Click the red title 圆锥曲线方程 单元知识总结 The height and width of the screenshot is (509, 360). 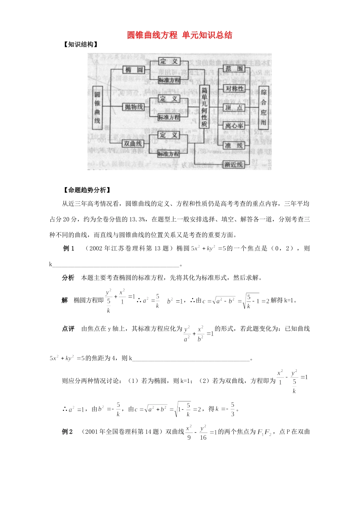[180, 35]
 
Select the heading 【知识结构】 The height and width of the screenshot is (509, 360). [81, 45]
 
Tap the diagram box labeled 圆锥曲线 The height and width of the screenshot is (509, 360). [97, 108]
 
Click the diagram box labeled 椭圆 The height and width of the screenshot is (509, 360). [134, 70]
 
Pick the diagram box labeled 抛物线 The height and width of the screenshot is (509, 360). [134, 107]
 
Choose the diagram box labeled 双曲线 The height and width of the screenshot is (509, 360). [133, 144]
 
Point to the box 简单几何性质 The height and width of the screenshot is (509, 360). [204, 107]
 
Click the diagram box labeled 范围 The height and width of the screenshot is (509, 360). [234, 69]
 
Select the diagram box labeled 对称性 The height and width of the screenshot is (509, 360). [235, 89]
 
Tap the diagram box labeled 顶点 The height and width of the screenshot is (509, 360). [234, 108]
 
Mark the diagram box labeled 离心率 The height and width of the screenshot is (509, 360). [234, 125]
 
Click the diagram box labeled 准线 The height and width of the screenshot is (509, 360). [234, 145]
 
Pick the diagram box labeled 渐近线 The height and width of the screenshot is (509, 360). [233, 164]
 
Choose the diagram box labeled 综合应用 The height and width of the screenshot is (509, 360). [264, 108]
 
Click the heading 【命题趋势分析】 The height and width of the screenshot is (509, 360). [87, 190]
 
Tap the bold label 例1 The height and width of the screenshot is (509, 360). [69, 248]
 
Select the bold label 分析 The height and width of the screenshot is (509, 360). [68, 278]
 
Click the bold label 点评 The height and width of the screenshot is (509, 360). [68, 329]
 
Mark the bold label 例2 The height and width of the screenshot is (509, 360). [67, 432]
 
